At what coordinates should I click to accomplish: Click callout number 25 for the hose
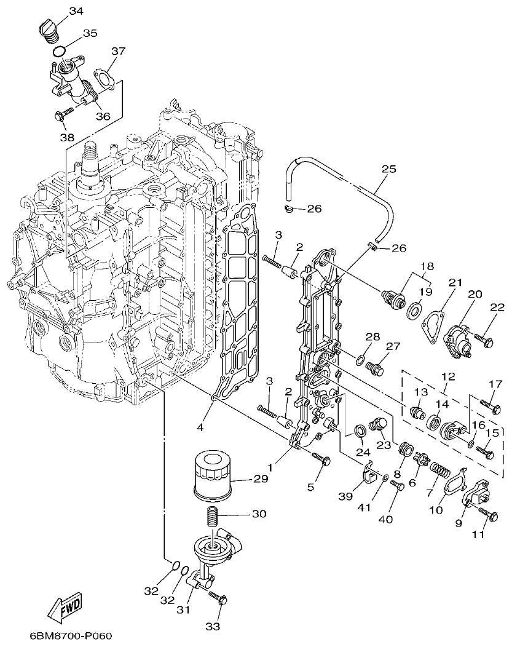point(388,169)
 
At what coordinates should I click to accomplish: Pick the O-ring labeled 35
point(58,50)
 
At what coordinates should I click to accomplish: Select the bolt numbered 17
point(485,405)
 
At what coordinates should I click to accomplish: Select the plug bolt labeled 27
point(374,368)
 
